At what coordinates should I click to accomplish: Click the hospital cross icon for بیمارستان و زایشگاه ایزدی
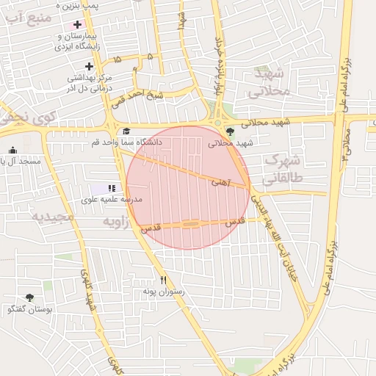pyautogui.click(x=77, y=24)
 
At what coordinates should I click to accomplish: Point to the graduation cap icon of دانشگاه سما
pyautogui.click(x=126, y=131)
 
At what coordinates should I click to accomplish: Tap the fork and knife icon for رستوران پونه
pyautogui.click(x=164, y=279)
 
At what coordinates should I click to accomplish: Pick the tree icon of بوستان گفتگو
pyautogui.click(x=29, y=298)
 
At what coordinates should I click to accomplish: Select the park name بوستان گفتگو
pyautogui.click(x=29, y=310)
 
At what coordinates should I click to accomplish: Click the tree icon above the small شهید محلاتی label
pyautogui.click(x=231, y=132)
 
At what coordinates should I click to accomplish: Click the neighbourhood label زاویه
pyautogui.click(x=115, y=220)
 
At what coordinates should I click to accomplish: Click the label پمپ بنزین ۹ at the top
pyautogui.click(x=81, y=5)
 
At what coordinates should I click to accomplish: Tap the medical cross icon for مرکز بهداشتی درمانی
pyautogui.click(x=89, y=65)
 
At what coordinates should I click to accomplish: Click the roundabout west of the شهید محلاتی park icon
pyautogui.click(x=217, y=122)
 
